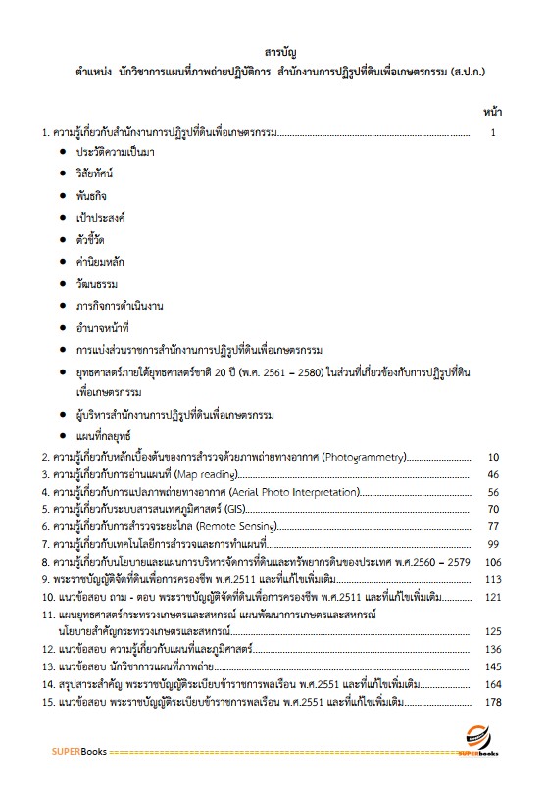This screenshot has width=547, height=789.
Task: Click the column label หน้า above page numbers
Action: tap(493, 112)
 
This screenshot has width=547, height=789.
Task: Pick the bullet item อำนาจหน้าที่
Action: tap(102, 324)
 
